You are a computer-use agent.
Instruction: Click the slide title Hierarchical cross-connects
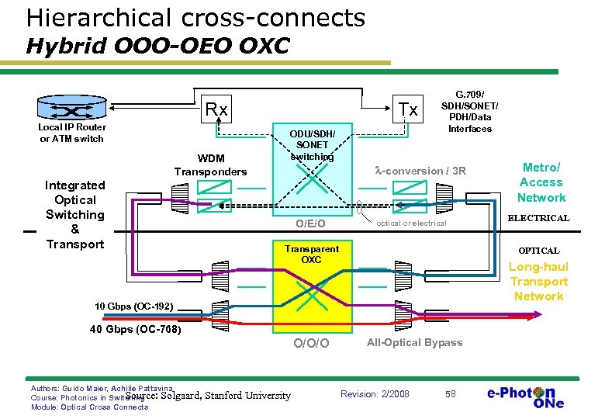point(195,16)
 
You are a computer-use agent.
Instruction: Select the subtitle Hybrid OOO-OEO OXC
point(157,46)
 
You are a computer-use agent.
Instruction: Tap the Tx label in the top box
point(408,109)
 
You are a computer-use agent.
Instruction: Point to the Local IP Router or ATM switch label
point(72,133)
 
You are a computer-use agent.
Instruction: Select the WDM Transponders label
point(210,165)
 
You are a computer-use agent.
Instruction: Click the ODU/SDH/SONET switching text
point(312,144)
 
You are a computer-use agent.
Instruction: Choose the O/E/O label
point(311,224)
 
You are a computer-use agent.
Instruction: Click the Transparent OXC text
point(311,254)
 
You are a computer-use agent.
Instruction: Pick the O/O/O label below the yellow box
point(311,343)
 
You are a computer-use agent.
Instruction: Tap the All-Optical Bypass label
point(415,342)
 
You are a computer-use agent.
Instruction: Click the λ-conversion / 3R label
point(420,170)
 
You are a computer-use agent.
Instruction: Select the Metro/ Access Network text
point(541,182)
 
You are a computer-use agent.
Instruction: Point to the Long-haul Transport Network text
point(538,282)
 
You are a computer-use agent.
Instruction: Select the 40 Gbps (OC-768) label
point(134,329)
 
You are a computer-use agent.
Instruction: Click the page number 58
point(451,394)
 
